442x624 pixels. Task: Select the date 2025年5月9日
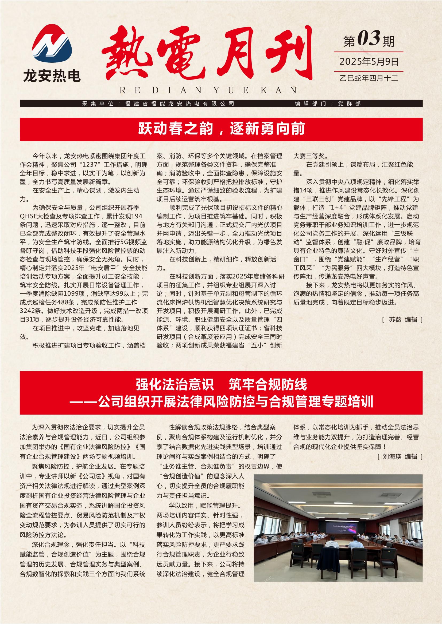(x=369, y=62)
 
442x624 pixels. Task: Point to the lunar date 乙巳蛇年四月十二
(x=369, y=78)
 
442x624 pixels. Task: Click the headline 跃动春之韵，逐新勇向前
(x=221, y=129)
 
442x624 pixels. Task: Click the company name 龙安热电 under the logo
(x=52, y=75)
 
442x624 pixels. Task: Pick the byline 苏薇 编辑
(x=402, y=320)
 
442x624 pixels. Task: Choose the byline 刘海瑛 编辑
(x=400, y=456)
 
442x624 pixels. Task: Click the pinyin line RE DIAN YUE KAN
(x=208, y=90)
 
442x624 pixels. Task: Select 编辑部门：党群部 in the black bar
(x=328, y=104)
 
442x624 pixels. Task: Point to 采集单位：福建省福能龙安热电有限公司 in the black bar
(x=158, y=104)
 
